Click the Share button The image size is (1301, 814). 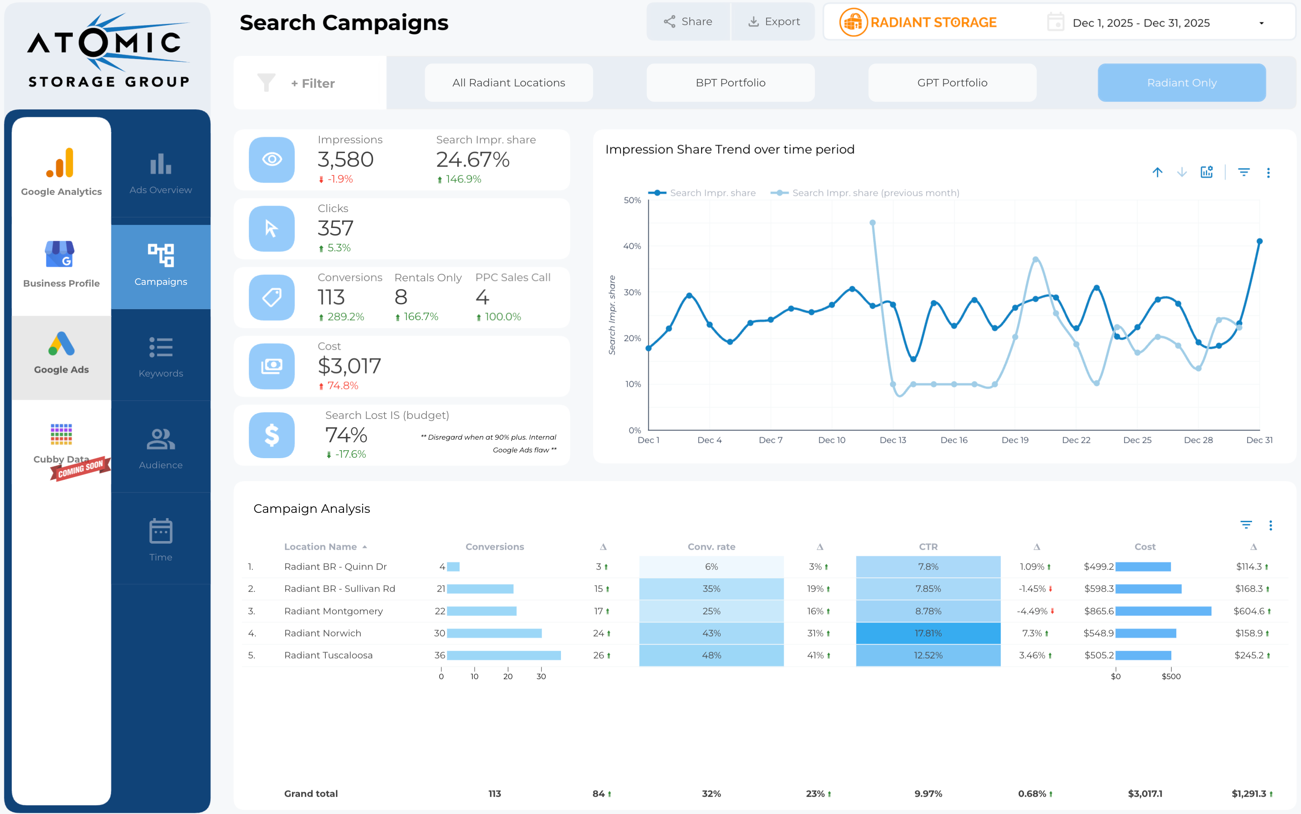(x=688, y=22)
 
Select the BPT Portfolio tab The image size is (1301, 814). (x=730, y=83)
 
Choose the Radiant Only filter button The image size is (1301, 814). (x=1181, y=83)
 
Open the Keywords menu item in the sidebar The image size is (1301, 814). (x=161, y=356)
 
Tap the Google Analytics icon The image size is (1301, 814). (x=61, y=163)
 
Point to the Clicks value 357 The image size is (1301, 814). (x=335, y=228)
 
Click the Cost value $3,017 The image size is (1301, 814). (x=349, y=366)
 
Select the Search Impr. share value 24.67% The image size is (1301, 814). (x=473, y=159)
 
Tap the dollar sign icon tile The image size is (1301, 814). (x=271, y=435)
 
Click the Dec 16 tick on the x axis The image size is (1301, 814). (x=954, y=440)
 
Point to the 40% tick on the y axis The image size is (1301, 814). (x=632, y=246)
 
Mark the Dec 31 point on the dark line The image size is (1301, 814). (x=1260, y=241)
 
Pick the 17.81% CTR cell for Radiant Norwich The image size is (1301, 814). (x=927, y=633)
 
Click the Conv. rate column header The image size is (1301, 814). (x=711, y=546)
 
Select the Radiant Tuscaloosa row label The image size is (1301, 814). (x=329, y=655)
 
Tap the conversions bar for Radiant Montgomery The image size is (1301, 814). (x=481, y=611)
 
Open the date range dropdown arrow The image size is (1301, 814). (x=1261, y=23)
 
